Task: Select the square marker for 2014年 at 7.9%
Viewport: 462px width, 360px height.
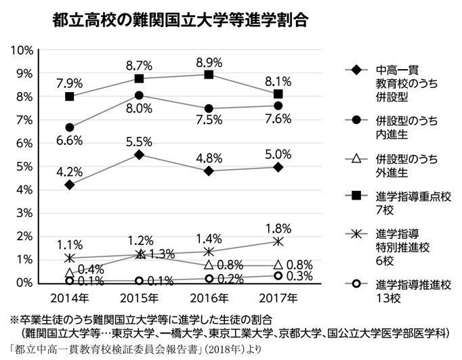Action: (70, 96)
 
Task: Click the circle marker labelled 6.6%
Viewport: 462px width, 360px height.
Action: (70, 127)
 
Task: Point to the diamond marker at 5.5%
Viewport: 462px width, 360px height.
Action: (140, 154)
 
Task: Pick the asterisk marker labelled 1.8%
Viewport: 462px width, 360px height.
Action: (278, 241)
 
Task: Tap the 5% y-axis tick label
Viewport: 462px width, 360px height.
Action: (25, 166)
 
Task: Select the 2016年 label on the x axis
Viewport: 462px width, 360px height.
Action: (209, 298)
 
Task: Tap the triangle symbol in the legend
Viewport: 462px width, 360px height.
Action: (355, 160)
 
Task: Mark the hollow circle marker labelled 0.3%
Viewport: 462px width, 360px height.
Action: (278, 275)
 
